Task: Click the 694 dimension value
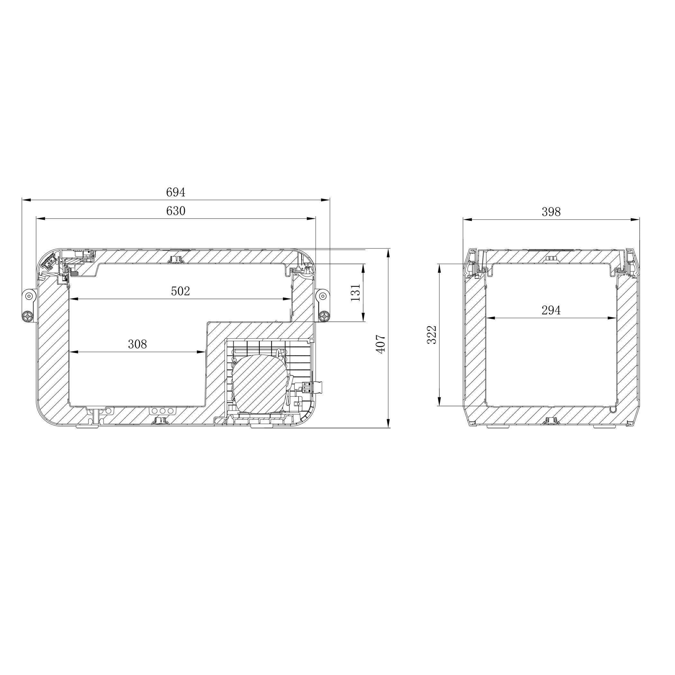click(175, 192)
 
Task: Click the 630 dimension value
click(175, 211)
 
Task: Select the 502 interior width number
click(180, 291)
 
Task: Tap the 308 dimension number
click(137, 345)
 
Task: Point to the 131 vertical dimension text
click(355, 292)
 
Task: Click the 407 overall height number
click(381, 344)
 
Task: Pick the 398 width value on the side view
click(551, 212)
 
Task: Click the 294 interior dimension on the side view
click(551, 310)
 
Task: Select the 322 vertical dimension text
click(432, 335)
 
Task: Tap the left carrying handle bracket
click(29, 306)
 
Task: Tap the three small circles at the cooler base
click(163, 410)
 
